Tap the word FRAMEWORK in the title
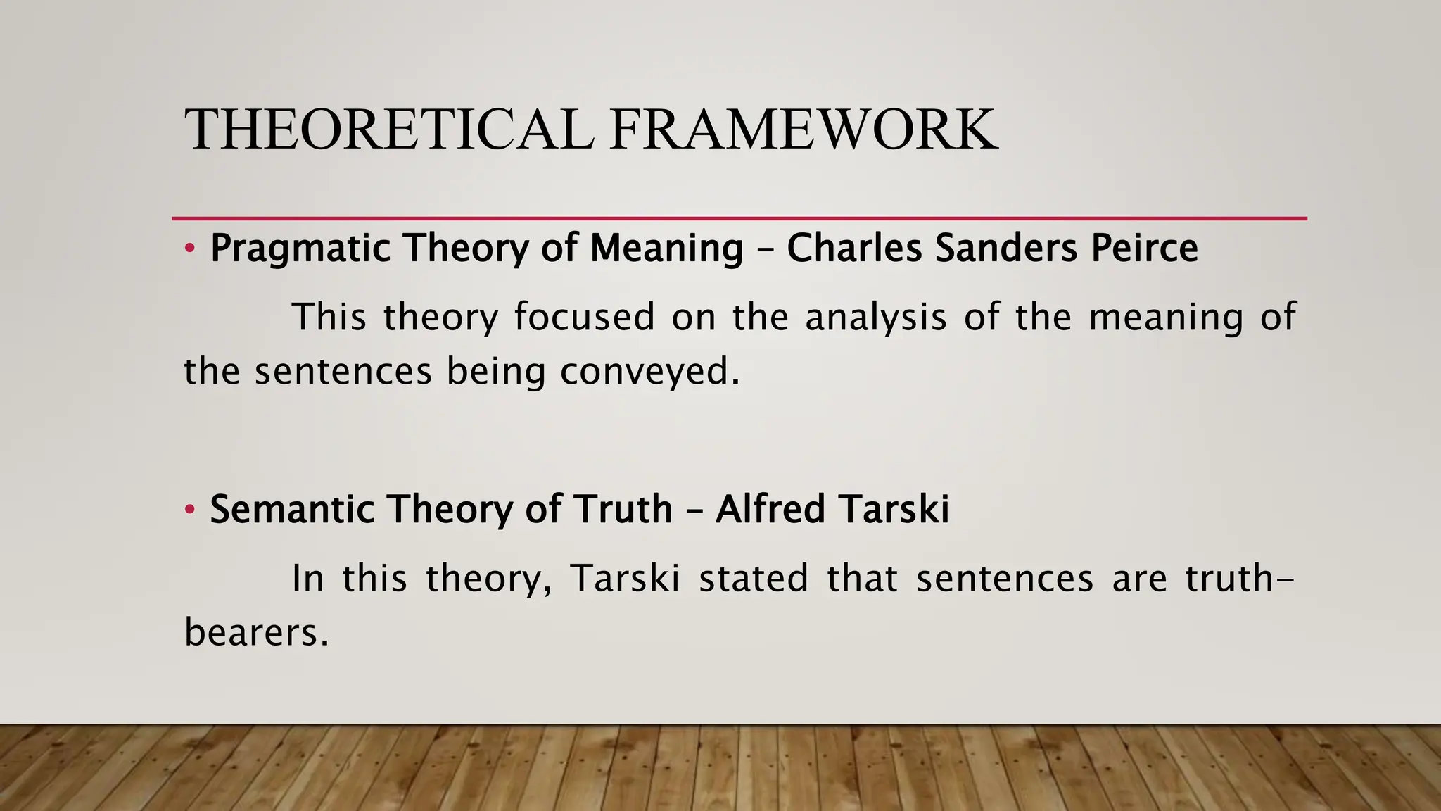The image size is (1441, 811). pos(804,130)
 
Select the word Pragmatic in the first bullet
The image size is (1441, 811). pos(300,249)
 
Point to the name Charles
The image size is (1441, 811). pos(853,248)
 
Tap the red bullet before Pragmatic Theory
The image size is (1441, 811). pos(189,249)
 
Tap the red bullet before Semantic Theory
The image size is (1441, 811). pos(189,509)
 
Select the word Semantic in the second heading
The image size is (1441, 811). pos(293,509)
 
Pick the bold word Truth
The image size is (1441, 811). pos(623,509)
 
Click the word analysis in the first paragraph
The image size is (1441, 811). pos(876,317)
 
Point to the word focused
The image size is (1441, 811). pos(584,317)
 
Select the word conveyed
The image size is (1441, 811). pos(649,372)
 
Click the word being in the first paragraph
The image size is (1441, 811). pos(496,372)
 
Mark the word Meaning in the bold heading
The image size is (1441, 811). pos(666,249)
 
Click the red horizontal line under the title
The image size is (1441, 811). pos(739,219)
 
